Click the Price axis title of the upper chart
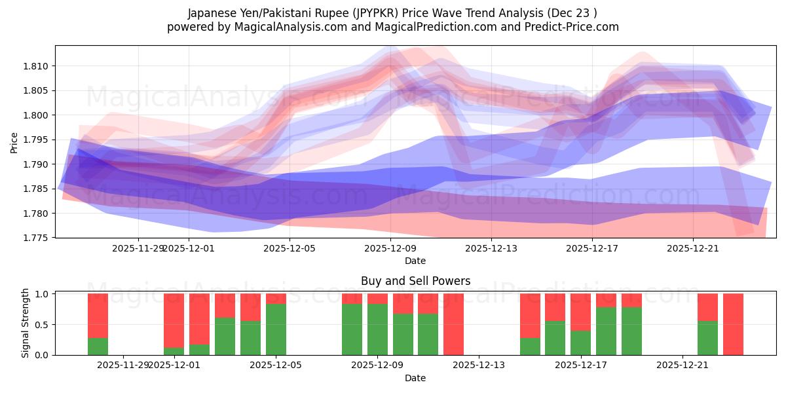[x=14, y=142]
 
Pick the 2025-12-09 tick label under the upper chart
[x=390, y=248]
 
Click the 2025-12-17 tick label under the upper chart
[x=592, y=248]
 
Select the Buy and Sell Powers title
[x=415, y=281]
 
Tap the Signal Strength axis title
[x=25, y=323]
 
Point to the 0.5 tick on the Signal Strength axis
[x=43, y=324]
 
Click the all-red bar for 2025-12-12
[x=453, y=324]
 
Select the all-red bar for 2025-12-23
[x=733, y=324]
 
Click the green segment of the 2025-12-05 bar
[x=276, y=329]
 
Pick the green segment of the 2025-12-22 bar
[x=707, y=338]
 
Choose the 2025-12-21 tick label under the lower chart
[x=683, y=365]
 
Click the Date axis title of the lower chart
[x=415, y=378]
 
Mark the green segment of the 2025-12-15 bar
[x=530, y=346]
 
